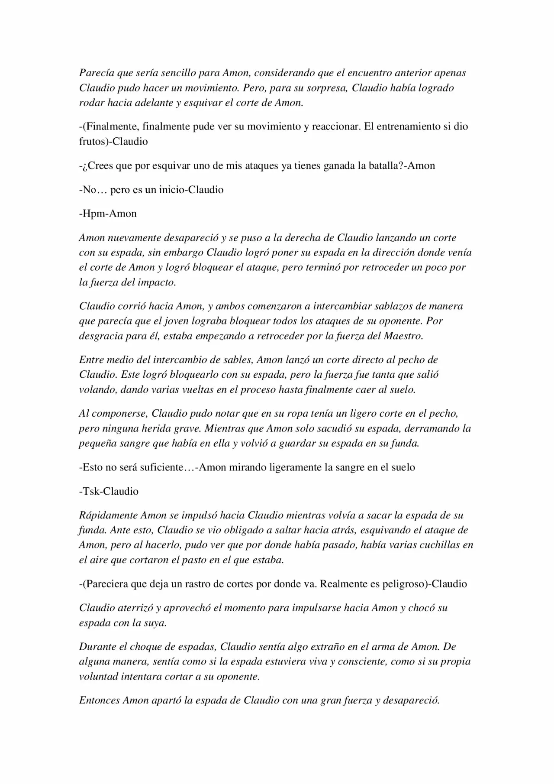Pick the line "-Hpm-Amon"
click(108, 214)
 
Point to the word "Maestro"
click(403, 336)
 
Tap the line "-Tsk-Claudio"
click(109, 491)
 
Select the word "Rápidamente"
click(108, 515)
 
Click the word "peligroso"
click(404, 584)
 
